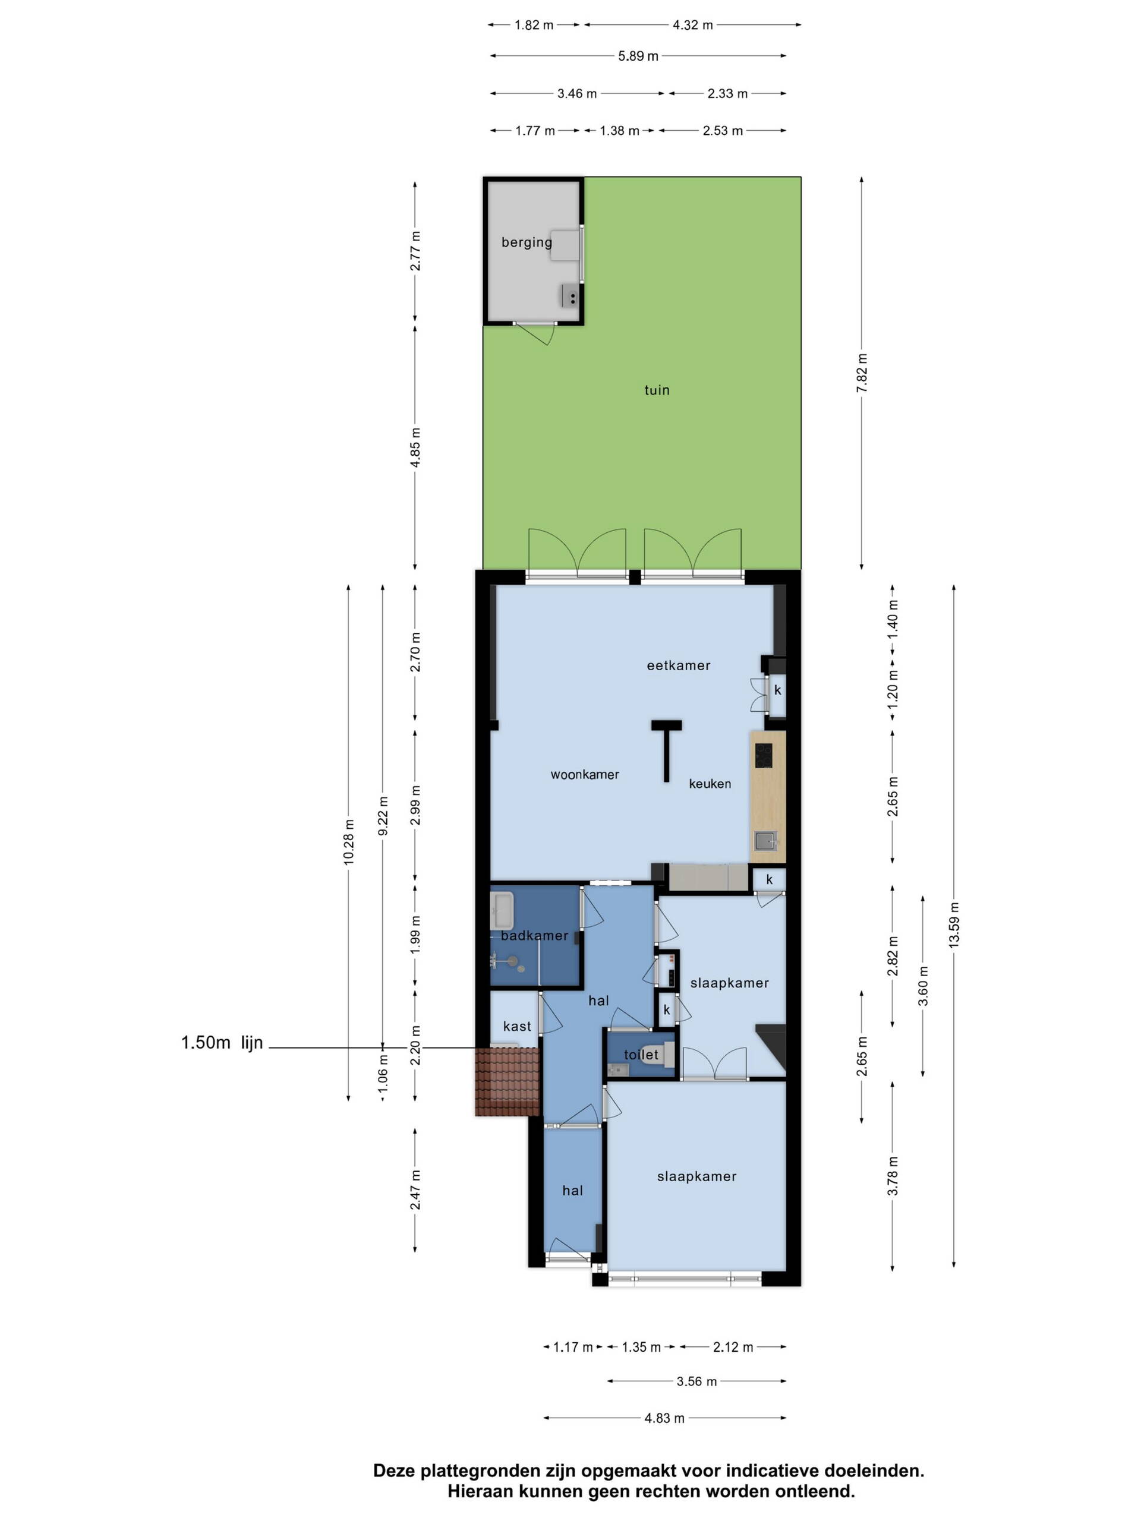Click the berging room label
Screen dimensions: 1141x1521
click(x=526, y=242)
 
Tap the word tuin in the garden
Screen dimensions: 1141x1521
click(x=657, y=390)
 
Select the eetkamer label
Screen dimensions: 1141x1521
click(x=678, y=665)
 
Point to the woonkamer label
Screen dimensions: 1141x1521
click(x=585, y=774)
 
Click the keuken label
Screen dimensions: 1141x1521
click(x=710, y=783)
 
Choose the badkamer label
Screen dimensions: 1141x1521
click(x=534, y=935)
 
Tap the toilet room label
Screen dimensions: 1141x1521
click(x=641, y=1054)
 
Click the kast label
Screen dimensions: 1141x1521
click(x=517, y=1026)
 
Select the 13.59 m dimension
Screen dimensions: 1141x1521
click(x=954, y=925)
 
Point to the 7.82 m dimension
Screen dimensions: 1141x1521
click(x=862, y=373)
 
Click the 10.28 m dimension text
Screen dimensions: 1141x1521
click(x=349, y=842)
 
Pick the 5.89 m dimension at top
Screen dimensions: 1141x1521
click(x=638, y=56)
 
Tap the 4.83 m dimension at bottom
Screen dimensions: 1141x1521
click(x=664, y=1418)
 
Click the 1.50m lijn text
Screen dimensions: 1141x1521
click(x=222, y=1043)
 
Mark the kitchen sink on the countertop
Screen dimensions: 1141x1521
click(x=765, y=840)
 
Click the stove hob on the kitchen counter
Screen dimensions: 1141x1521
click(x=764, y=756)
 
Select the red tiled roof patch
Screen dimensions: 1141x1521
click(x=508, y=1081)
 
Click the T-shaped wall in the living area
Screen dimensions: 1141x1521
click(x=666, y=749)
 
